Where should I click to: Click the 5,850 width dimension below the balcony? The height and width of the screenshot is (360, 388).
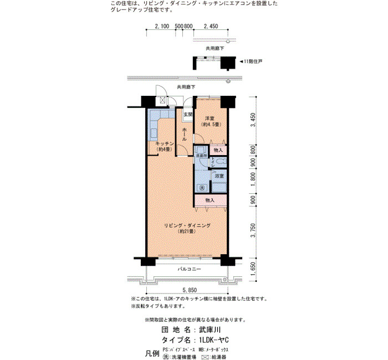click(x=190, y=290)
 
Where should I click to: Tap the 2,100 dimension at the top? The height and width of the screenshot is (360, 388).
click(x=162, y=26)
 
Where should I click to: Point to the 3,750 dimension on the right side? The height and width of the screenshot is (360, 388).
click(x=253, y=230)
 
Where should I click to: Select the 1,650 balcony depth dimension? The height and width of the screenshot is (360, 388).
click(x=253, y=269)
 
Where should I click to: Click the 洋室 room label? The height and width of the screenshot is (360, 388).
click(x=210, y=119)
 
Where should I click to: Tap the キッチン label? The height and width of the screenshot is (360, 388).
click(x=165, y=143)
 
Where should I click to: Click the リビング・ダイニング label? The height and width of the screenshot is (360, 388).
click(x=187, y=225)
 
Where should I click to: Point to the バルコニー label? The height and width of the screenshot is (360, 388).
click(x=190, y=269)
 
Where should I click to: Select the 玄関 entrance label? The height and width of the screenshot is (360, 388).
click(x=188, y=115)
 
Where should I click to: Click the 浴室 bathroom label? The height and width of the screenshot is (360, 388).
click(x=219, y=176)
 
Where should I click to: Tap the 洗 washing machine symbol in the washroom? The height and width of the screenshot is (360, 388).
click(x=202, y=188)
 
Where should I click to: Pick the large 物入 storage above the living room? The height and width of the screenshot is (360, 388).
click(x=210, y=200)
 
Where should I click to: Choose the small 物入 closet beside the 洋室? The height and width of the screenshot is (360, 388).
click(x=218, y=150)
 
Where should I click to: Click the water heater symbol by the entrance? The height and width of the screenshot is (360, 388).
click(x=162, y=100)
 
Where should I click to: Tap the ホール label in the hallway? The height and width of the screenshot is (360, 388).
click(x=185, y=135)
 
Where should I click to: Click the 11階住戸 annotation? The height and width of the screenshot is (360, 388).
click(x=251, y=61)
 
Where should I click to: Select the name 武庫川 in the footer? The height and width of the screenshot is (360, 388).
click(x=210, y=330)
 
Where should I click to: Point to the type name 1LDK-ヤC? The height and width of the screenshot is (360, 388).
click(x=214, y=340)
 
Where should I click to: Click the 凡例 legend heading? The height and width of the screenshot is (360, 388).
click(x=152, y=353)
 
